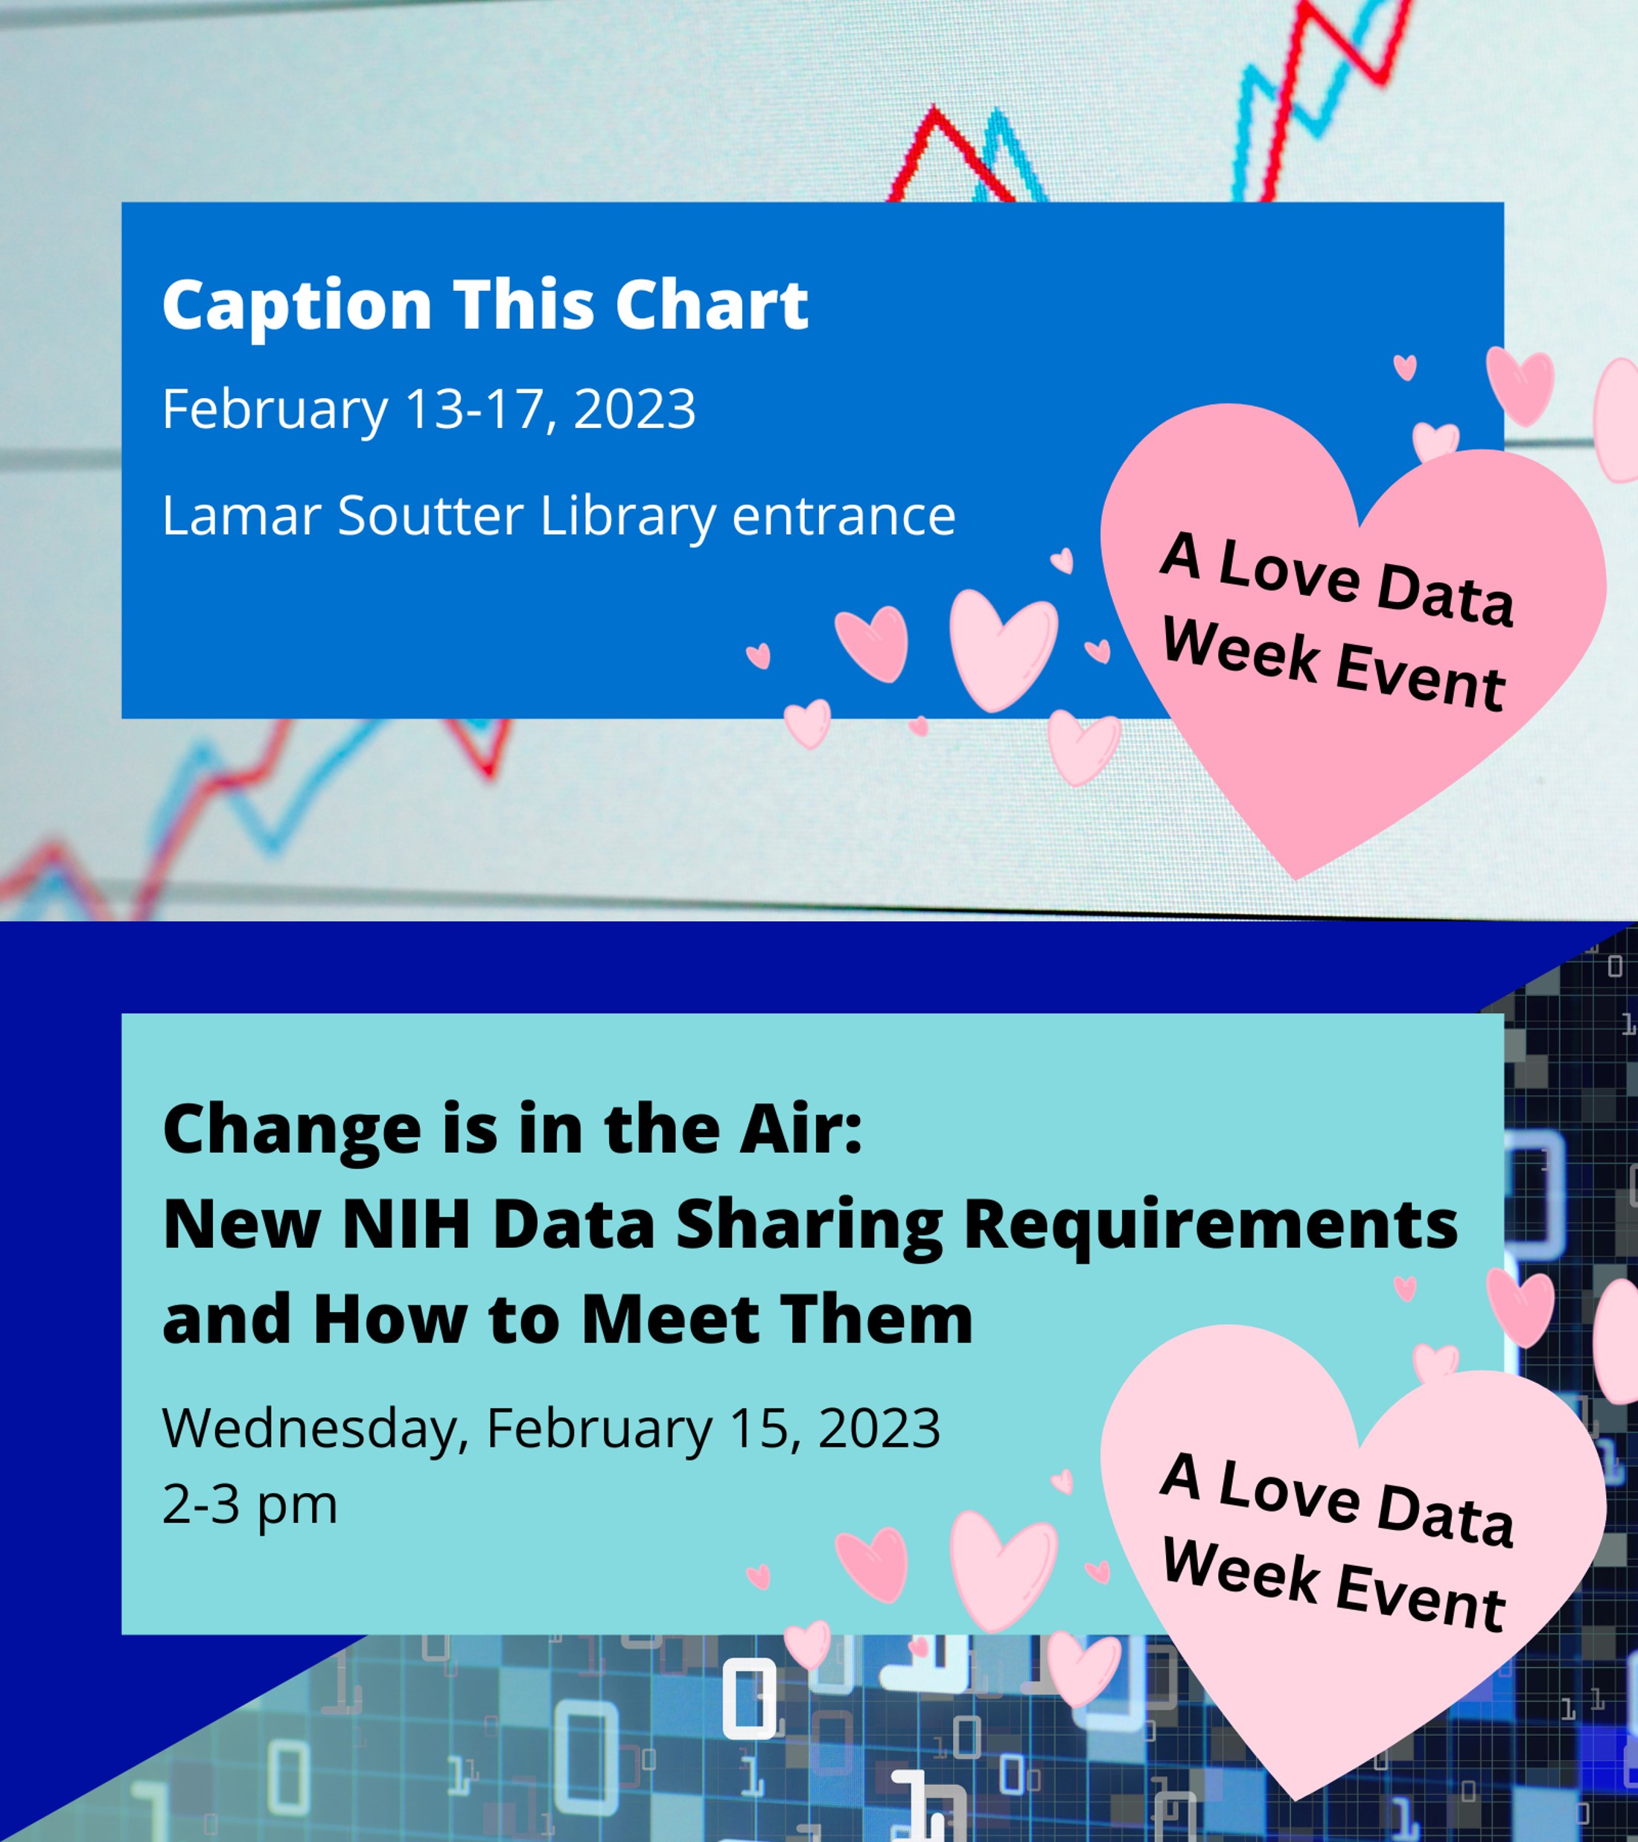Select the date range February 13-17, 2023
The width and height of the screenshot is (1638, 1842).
[x=429, y=410]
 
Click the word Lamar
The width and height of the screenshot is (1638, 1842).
[x=241, y=516]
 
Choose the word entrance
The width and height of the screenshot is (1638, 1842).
[x=844, y=517]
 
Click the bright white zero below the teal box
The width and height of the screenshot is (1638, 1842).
[x=749, y=1698]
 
